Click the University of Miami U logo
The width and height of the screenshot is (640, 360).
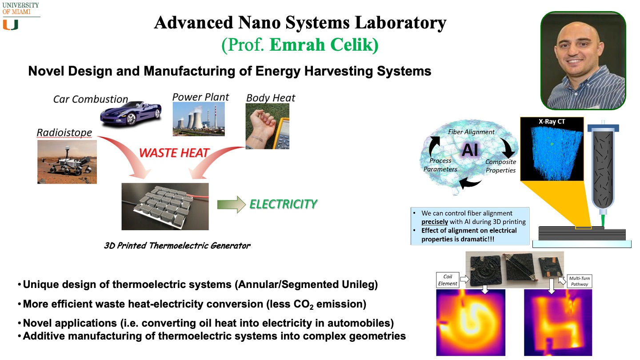tap(11, 25)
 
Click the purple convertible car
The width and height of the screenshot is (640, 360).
tap(131, 113)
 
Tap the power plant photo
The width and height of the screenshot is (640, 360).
tap(199, 119)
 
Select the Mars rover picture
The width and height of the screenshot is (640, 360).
tap(67, 162)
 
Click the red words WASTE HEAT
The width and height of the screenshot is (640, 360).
tap(174, 153)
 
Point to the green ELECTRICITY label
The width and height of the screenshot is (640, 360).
tap(283, 204)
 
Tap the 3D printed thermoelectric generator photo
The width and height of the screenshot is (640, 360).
tap(165, 207)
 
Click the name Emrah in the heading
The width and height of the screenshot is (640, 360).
tap(297, 44)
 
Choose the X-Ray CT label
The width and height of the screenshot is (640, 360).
tap(552, 121)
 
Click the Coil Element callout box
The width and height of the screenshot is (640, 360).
tap(448, 280)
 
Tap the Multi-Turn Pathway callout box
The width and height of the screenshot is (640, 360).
tap(580, 281)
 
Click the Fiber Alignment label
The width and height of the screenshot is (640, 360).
tap(471, 132)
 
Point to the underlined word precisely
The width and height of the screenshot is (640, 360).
tap(435, 222)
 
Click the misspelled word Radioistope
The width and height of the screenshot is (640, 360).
tap(64, 132)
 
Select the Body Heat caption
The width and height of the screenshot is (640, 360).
tap(271, 98)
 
